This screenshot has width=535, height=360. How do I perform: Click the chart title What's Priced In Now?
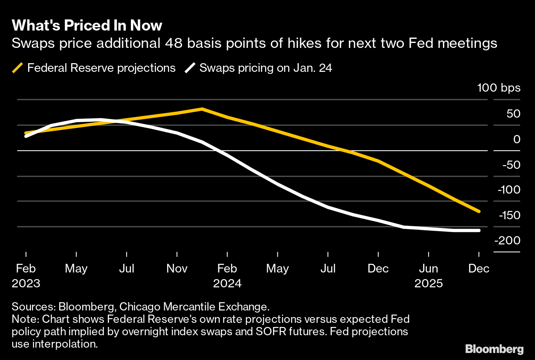87,26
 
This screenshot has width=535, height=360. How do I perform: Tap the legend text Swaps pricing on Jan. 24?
266,68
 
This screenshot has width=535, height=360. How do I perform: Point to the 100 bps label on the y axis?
499,88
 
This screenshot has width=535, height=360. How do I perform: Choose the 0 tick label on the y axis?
516,140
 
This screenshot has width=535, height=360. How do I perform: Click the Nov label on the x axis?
177,269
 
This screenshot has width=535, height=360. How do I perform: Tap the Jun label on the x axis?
428,269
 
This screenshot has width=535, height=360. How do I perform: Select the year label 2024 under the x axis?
227,284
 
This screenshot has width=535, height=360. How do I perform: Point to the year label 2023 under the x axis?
26,284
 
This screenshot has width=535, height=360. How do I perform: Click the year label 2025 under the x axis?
428,284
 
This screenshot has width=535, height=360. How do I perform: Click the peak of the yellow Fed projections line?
201,109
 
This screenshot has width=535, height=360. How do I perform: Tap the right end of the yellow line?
479,211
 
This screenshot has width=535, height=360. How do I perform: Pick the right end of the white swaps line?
479,230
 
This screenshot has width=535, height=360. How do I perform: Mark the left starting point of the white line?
26,136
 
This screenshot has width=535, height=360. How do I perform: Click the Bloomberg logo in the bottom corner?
494,349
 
